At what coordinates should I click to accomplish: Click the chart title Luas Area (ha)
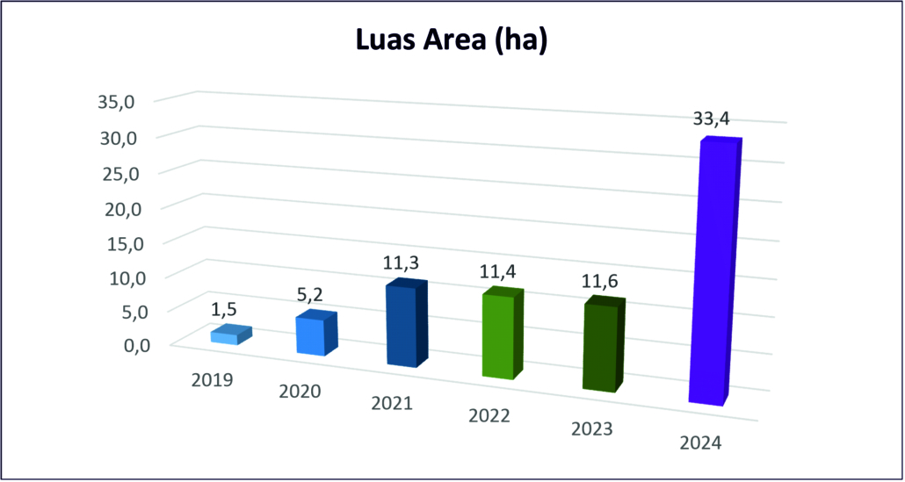[x=452, y=41]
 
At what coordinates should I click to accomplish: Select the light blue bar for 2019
[x=228, y=335]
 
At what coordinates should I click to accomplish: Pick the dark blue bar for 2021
[x=403, y=325]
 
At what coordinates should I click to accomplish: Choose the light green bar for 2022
[x=498, y=335]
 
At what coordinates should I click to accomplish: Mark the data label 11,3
[x=399, y=261]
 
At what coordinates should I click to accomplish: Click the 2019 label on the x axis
[x=211, y=380]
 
